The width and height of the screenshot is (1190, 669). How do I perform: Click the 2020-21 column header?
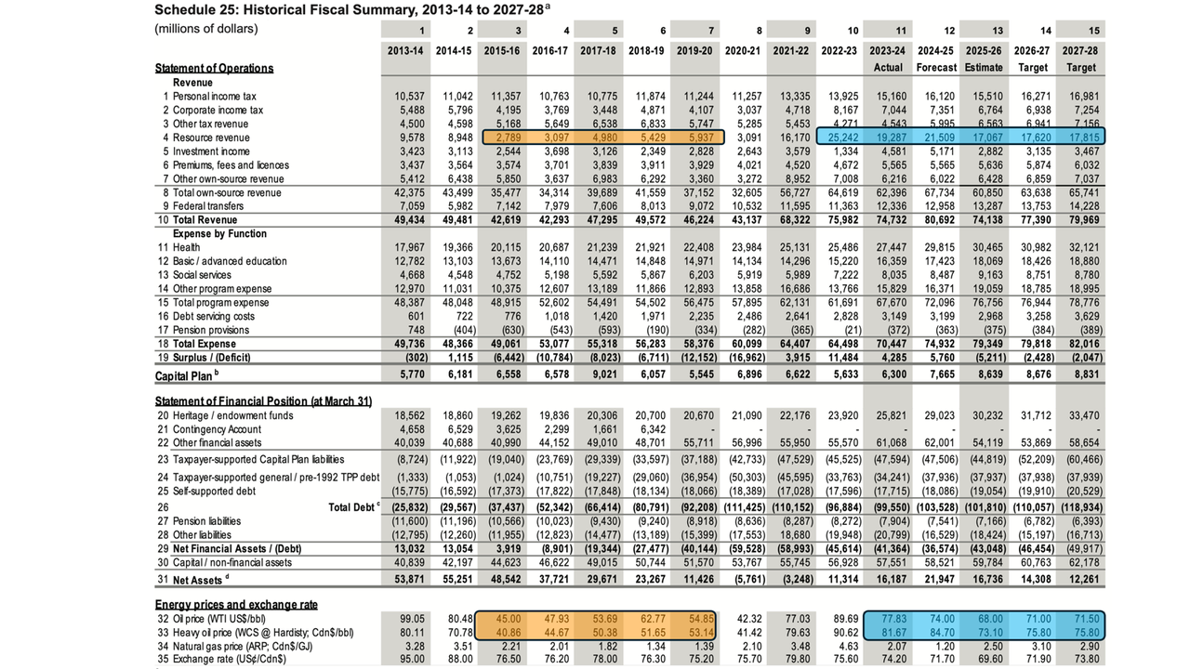tap(743, 51)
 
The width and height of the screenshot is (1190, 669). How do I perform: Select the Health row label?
tap(187, 247)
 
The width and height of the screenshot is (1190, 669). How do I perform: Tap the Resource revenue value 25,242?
tap(843, 138)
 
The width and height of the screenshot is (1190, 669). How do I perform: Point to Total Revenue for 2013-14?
tap(409, 220)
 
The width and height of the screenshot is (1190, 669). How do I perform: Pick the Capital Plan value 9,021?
tap(602, 374)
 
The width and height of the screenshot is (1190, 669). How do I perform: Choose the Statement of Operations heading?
tap(214, 68)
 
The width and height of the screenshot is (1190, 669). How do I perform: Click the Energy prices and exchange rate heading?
tap(236, 605)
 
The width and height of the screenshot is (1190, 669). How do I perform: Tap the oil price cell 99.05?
tap(412, 619)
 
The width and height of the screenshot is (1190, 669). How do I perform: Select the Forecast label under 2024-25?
tap(936, 68)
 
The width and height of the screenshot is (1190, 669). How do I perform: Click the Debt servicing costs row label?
tap(214, 317)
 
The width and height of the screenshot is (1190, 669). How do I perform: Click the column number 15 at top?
tap(1094, 31)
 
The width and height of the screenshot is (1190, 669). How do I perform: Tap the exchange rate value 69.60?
tap(990, 660)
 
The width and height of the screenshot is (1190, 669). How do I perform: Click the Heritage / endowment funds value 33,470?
tap(1084, 415)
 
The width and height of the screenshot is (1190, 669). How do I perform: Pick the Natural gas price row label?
tap(243, 647)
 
